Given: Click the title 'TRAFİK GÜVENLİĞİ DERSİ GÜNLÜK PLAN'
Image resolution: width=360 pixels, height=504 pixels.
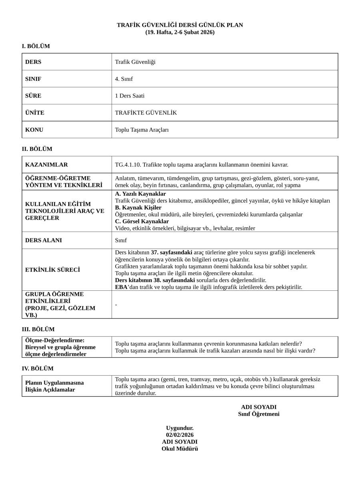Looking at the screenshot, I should click(x=180, y=25).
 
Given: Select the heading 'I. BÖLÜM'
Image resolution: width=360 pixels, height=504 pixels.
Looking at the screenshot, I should click(x=36, y=46).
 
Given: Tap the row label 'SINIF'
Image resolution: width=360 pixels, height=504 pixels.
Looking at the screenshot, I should click(x=33, y=79).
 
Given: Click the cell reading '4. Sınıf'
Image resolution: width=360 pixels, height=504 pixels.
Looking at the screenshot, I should click(x=124, y=79).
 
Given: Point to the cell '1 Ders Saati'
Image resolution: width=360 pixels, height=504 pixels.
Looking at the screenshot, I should click(x=130, y=96).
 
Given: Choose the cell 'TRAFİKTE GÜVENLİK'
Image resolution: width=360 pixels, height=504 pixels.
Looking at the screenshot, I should click(x=146, y=113).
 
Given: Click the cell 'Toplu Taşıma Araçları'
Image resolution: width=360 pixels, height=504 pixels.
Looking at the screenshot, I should click(x=142, y=130).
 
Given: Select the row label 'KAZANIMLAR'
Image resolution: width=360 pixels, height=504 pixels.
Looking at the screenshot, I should click(x=46, y=165).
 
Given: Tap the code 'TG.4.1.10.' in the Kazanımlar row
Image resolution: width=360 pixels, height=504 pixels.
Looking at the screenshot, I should click(x=128, y=165).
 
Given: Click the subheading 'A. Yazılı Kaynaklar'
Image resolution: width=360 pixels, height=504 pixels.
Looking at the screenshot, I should click(x=140, y=194).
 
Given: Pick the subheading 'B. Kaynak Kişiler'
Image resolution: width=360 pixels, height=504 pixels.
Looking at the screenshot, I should click(x=138, y=208).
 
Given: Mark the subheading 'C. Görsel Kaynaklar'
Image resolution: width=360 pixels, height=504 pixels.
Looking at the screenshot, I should click(x=142, y=222).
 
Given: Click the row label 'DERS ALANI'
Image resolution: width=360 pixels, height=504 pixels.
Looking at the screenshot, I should click(x=44, y=240).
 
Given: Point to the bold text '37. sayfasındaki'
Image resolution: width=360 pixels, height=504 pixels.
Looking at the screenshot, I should click(x=172, y=253).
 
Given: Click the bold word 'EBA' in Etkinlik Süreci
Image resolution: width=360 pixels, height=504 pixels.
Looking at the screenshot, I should click(x=121, y=287).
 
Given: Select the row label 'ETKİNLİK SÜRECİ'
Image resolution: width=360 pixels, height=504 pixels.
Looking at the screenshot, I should click(x=52, y=270).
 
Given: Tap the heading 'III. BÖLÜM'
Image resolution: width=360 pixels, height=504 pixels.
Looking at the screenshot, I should click(x=38, y=330).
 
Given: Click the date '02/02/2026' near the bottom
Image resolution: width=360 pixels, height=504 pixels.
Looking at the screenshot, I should click(x=180, y=435).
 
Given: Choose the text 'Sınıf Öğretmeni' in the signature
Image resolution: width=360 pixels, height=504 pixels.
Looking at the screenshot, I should click(x=259, y=414).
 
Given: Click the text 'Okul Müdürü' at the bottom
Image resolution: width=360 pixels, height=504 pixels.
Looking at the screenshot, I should click(x=180, y=449).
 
